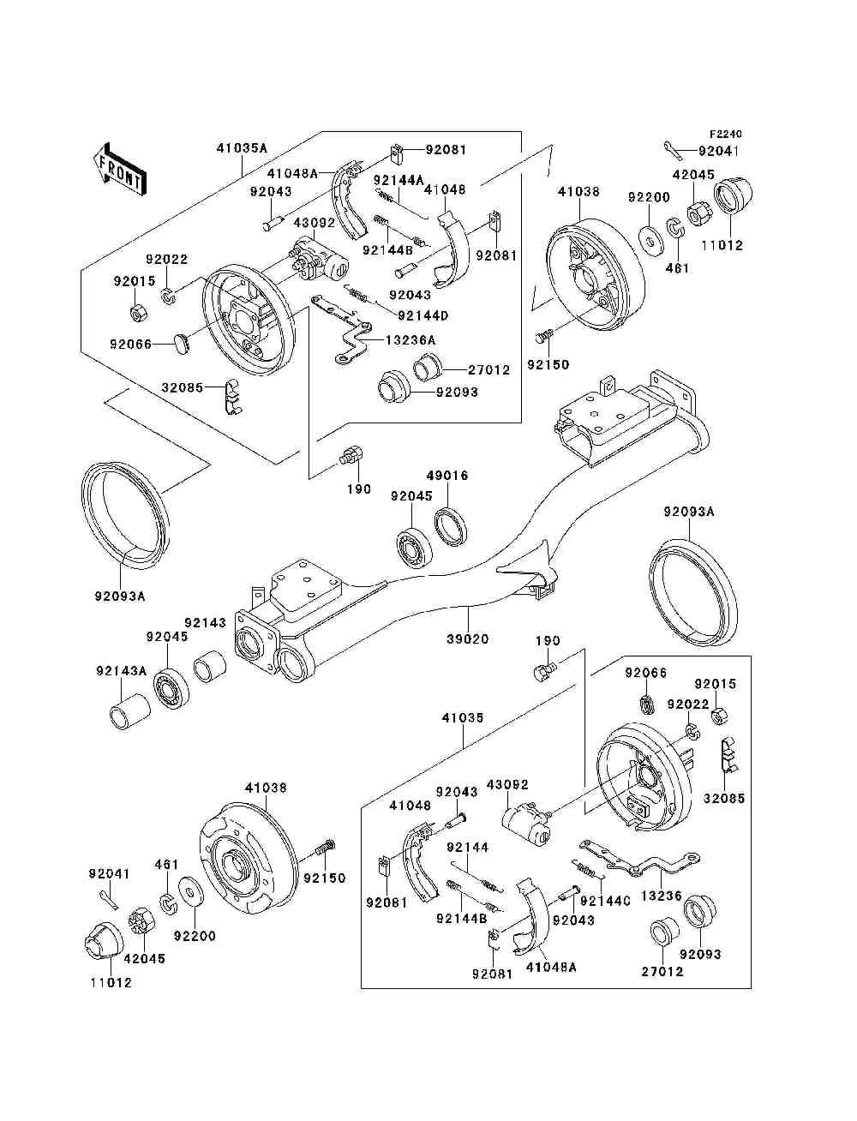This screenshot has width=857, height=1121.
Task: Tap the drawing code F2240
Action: click(724, 135)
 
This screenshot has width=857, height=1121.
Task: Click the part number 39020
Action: click(469, 638)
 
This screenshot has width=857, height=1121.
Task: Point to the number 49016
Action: click(447, 476)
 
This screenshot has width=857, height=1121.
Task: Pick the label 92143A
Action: click(121, 670)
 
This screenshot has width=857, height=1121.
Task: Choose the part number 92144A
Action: click(399, 180)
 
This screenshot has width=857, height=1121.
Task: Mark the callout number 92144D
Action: click(423, 314)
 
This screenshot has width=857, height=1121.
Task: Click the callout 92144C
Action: click(605, 901)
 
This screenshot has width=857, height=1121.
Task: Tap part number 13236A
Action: click(410, 340)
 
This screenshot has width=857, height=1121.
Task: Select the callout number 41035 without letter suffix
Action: click(463, 717)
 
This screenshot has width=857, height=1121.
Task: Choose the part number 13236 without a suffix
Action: click(680, 896)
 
